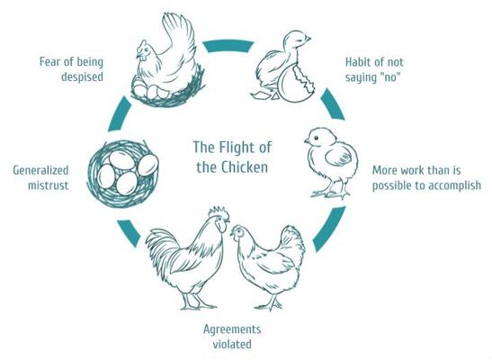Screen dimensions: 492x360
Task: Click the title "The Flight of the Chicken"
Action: coord(232,157)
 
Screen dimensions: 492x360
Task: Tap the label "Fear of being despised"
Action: coord(71,69)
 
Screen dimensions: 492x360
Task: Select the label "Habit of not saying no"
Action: coord(374,69)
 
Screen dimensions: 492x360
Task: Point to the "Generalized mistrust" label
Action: coord(40,177)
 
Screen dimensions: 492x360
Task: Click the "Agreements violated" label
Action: coord(232,337)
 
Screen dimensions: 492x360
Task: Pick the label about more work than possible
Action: coord(426,178)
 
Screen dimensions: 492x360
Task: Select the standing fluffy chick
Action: coord(332,163)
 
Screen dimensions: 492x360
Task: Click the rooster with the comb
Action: coord(188,257)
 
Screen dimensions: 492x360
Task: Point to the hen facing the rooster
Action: coord(268,266)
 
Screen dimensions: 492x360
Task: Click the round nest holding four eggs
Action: coord(123,174)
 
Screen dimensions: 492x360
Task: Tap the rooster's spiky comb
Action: coord(219,212)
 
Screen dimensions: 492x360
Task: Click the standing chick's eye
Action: coord(317,138)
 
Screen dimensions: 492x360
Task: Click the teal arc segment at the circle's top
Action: coord(228,46)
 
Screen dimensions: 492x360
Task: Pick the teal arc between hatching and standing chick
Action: coord(333,103)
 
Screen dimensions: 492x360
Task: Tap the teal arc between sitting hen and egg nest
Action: coord(119,113)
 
